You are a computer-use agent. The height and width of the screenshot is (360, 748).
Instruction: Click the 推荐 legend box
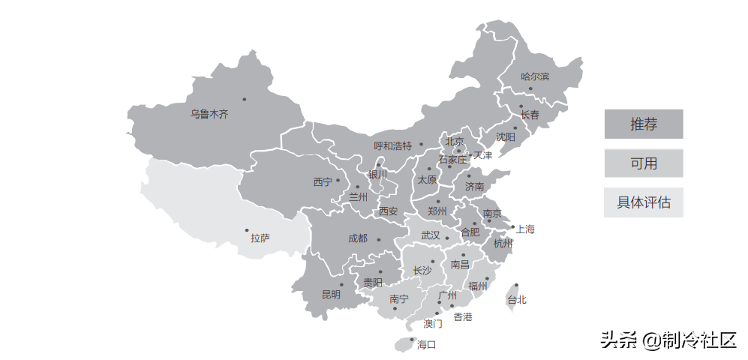coord(643,124)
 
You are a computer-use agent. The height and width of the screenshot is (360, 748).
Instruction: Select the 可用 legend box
coord(643,163)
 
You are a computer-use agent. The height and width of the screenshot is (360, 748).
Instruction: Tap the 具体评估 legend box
coord(643,202)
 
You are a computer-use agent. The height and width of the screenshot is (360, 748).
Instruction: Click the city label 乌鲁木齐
coord(209,115)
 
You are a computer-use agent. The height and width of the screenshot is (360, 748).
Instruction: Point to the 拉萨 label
coord(260,238)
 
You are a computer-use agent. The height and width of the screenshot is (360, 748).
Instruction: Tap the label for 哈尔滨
coord(535,76)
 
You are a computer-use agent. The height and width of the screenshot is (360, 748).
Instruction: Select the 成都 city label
coord(358,238)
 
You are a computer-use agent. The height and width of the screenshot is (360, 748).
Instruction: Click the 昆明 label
coord(331,295)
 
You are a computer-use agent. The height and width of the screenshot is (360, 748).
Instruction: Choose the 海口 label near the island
coord(426,345)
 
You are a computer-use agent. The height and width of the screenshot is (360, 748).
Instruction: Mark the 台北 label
coord(516,300)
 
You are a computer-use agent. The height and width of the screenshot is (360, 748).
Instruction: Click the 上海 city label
coord(525,229)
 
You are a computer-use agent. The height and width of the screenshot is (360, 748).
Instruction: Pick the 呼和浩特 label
coord(393,145)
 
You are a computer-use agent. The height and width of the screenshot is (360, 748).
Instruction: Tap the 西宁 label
coord(323,181)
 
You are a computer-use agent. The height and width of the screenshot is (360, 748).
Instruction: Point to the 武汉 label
coord(431,235)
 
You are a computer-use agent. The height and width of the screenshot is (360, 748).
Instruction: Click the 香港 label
coord(463,317)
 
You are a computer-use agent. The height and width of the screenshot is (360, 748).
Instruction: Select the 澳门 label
coord(433,324)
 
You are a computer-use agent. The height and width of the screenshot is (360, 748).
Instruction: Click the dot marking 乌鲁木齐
coord(244,99)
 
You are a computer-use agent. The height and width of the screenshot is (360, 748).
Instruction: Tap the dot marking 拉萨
coord(246,230)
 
